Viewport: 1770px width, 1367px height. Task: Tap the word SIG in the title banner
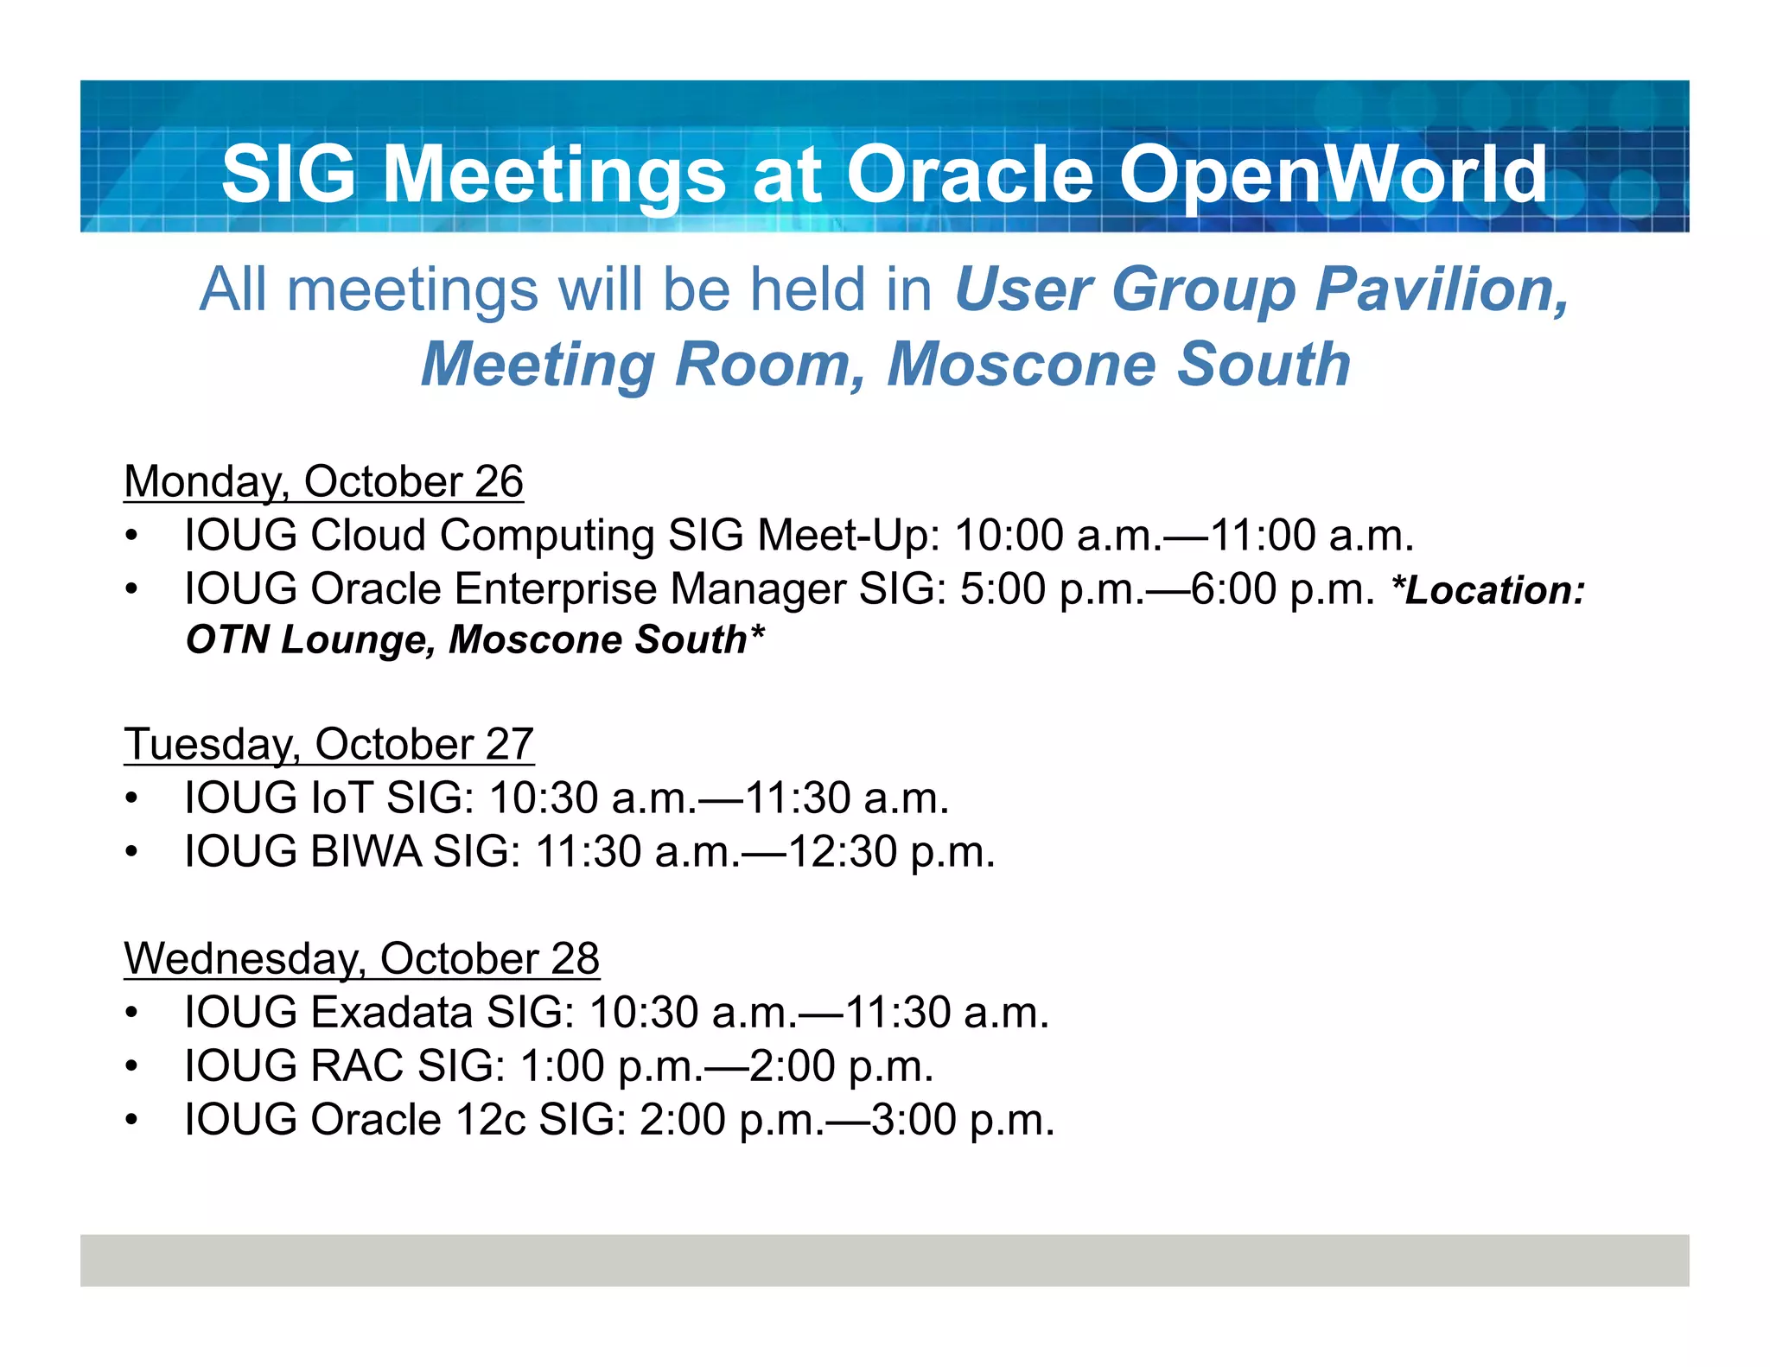coord(288,175)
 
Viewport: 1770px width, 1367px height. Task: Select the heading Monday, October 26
coord(323,481)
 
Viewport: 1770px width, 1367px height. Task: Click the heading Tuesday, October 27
coord(328,744)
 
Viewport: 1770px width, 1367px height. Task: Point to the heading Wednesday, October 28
coord(361,958)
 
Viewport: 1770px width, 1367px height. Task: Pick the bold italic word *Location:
coord(1488,590)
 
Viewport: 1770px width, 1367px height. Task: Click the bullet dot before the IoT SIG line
coord(131,798)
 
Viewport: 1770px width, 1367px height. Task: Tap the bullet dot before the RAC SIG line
coord(131,1066)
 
